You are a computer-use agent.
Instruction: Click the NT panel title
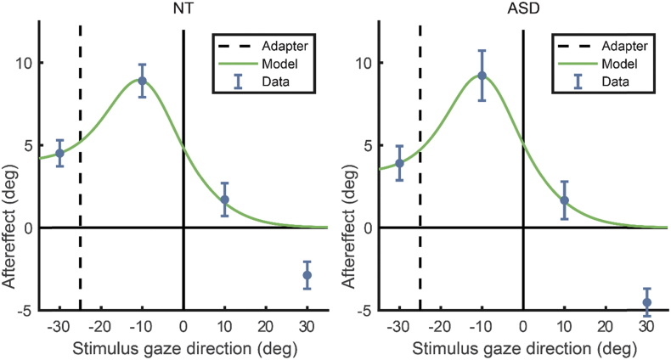pos(183,9)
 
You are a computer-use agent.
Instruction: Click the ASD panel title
pos(522,9)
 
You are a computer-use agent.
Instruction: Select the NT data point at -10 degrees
pos(142,81)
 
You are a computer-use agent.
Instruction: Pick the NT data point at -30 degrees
pos(59,154)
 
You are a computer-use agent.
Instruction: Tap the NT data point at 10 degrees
pos(224,200)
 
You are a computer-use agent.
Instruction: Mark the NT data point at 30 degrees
pos(307,275)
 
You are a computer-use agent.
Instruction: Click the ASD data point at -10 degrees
pos(482,76)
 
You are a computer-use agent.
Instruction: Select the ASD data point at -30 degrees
pos(399,163)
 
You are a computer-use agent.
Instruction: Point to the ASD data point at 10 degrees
pos(564,200)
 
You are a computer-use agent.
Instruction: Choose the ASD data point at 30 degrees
pos(646,302)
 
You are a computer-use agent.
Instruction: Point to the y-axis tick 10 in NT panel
pos(25,63)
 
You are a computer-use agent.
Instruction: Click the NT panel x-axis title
pos(183,348)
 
